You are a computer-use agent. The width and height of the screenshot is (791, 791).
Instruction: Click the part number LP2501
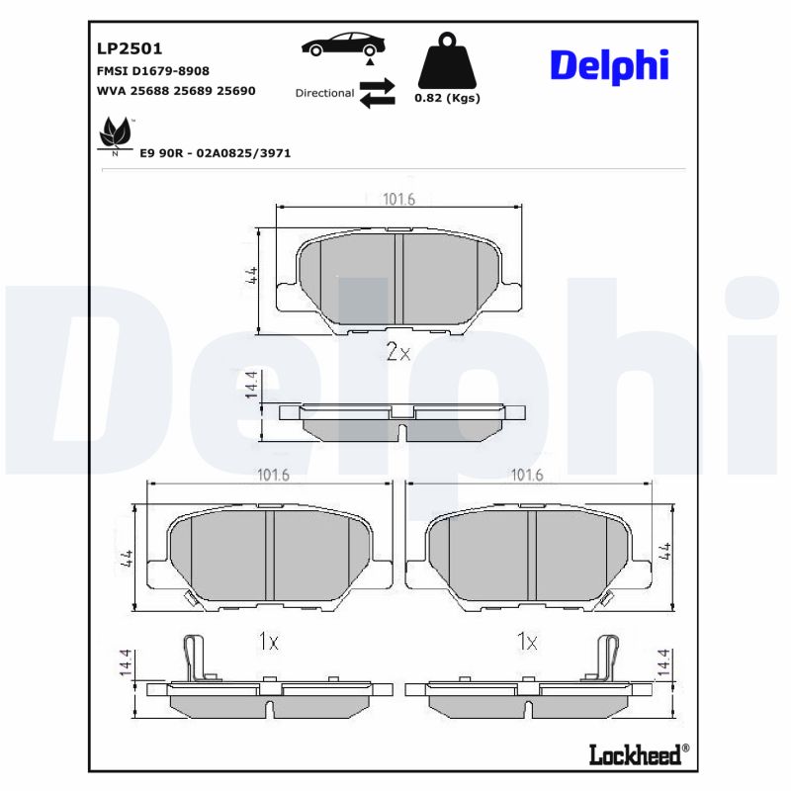pos(130,47)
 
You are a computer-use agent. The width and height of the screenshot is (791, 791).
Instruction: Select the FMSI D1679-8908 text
pos(152,71)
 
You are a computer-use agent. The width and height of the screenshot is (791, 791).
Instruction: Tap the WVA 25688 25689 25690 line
pos(176,91)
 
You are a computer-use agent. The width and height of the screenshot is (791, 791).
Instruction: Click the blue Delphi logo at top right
pos(609,65)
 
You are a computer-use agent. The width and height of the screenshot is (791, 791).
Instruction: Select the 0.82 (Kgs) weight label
pos(447,98)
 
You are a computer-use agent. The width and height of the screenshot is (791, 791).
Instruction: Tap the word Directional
pos(324,93)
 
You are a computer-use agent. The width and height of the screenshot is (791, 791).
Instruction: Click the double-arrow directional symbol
pos(377,93)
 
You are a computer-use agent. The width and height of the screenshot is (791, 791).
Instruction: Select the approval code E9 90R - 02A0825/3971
pos(216,154)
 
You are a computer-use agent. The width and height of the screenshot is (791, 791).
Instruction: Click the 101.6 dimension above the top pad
pos(398,200)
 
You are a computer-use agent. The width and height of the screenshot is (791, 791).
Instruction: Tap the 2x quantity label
pos(396,352)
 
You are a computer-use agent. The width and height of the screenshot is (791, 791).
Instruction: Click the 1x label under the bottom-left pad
pos(268,643)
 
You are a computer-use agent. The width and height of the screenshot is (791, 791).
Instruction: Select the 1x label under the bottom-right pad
pos(527,643)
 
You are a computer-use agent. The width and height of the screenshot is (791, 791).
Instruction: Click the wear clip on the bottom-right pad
pos(607,656)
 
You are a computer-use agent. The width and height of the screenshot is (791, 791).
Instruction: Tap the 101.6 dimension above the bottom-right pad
pos(527,476)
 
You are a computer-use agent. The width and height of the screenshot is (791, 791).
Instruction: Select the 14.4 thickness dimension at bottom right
pos(663,664)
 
